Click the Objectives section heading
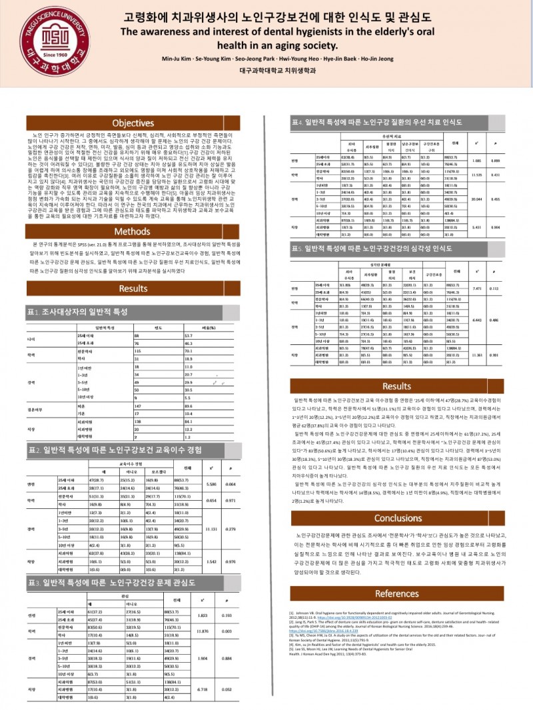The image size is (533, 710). click(x=133, y=123)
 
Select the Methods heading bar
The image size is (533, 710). click(x=133, y=232)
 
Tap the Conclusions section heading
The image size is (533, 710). click(x=398, y=518)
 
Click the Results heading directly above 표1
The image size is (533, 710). click(x=133, y=288)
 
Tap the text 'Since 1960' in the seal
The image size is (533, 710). click(x=38, y=55)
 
